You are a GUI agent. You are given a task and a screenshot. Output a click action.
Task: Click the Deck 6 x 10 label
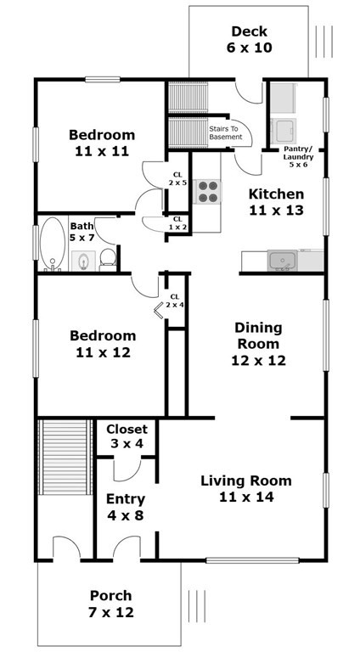249,40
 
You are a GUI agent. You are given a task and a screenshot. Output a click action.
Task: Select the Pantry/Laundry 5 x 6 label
298,156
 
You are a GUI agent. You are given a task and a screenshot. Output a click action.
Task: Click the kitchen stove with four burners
207,193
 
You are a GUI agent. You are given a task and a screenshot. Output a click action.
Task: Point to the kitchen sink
282,261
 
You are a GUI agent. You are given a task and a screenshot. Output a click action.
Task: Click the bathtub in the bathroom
52,244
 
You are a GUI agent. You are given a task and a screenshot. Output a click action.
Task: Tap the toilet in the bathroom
108,259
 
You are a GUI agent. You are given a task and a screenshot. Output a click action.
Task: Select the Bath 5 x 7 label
82,232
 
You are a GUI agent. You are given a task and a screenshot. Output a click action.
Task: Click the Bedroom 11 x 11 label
102,143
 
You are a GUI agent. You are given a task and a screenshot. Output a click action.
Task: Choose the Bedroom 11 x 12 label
102,344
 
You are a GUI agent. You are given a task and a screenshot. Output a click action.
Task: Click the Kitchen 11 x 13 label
275,201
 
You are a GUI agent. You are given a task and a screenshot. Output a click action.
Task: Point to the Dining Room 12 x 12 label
257,344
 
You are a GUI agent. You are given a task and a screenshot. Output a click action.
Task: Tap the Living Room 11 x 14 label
245,489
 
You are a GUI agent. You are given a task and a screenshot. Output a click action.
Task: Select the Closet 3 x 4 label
127,436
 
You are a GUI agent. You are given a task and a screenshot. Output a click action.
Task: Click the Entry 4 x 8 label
125,507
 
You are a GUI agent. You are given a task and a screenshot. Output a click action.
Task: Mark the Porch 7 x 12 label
111,604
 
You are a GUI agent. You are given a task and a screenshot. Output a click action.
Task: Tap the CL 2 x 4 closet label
174,301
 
